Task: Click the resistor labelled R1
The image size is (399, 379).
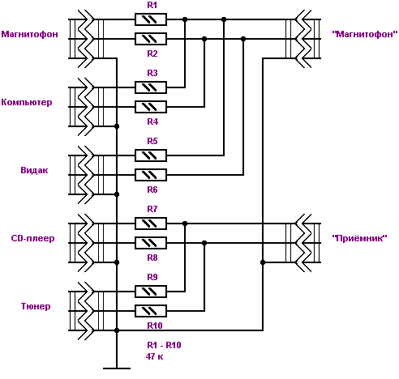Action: coord(151,19)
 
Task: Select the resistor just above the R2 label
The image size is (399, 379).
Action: coord(151,39)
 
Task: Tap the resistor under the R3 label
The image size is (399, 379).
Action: coord(151,87)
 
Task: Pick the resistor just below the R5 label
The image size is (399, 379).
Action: coord(151,155)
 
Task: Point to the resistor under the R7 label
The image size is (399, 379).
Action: coord(151,224)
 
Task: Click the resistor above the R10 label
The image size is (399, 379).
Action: coord(151,311)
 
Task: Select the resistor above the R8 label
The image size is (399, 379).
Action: coord(151,243)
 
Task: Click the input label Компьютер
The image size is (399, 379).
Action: coord(27,102)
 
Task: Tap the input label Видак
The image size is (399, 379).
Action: coord(34,170)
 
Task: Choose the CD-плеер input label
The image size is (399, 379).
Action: coord(32,238)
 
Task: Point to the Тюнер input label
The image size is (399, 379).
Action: coord(36,306)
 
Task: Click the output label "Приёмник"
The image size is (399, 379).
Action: coord(359,238)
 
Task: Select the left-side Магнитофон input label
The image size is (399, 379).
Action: coord(29,34)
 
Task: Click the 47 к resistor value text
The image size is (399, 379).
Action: coord(154,356)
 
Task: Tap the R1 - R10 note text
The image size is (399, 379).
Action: coord(164,345)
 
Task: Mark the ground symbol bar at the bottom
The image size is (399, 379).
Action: coord(117,368)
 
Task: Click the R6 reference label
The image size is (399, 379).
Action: coord(152,189)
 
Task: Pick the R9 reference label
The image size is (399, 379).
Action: coord(152,277)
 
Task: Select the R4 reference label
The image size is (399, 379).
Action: coord(152,121)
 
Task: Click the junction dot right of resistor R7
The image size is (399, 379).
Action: coord(185,224)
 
